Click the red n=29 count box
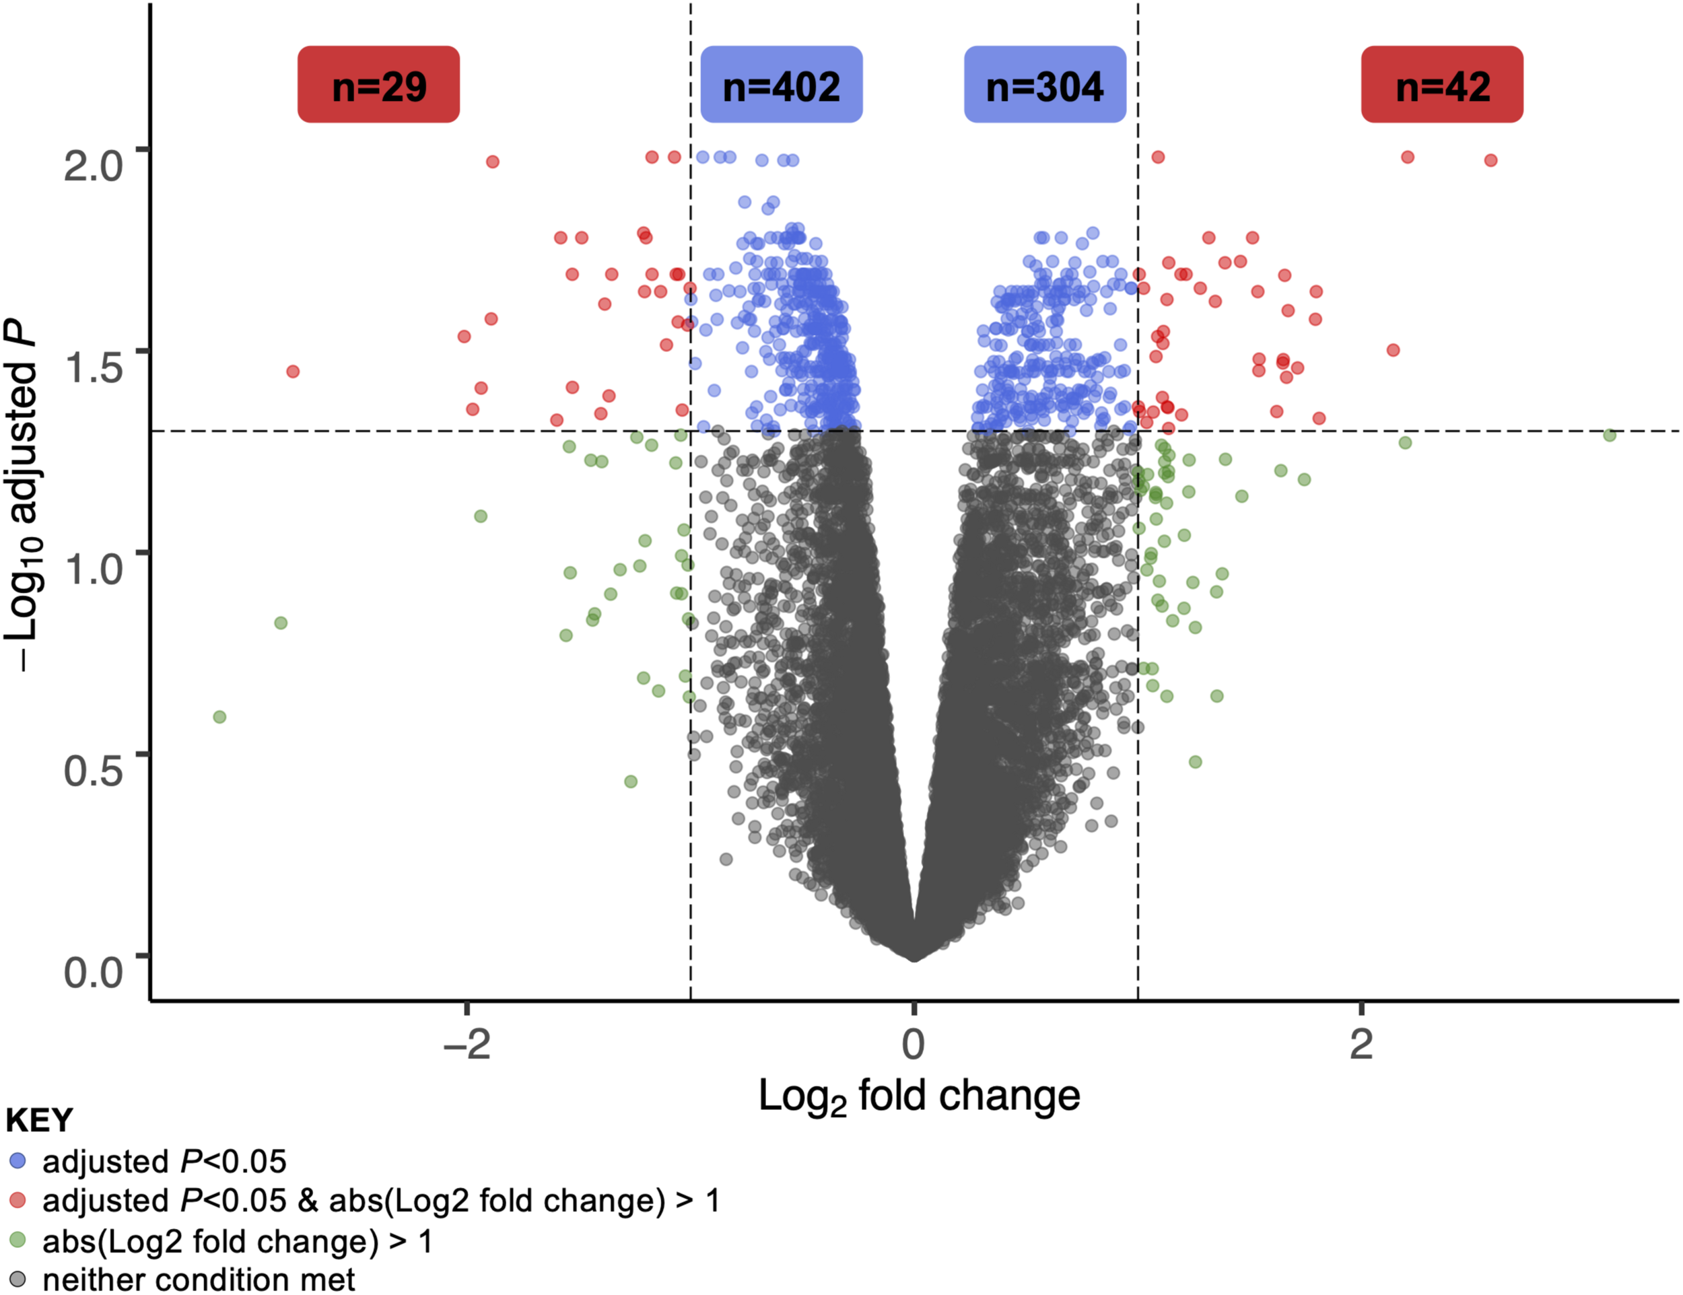tap(378, 85)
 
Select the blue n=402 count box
tap(781, 85)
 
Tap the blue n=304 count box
tap(1044, 85)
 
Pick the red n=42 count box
tap(1442, 85)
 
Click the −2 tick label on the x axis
tap(467, 1044)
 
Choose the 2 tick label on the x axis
tap(1361, 1044)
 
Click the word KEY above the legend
tap(38, 1120)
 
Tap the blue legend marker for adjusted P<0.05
tap(17, 1160)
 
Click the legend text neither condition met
tap(198, 1280)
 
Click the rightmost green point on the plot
tap(1609, 435)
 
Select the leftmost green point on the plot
tap(219, 716)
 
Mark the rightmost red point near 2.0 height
tap(1490, 160)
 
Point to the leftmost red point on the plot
tap(293, 372)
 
